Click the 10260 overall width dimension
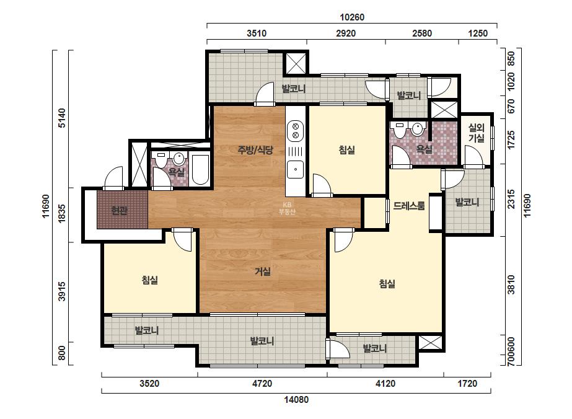pyautogui.click(x=352, y=17)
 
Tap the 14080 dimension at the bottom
pyautogui.click(x=296, y=400)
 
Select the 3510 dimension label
pyautogui.click(x=257, y=33)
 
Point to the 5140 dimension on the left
pyautogui.click(x=63, y=118)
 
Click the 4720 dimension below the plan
pyautogui.click(x=262, y=384)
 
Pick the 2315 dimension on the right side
pyautogui.click(x=511, y=199)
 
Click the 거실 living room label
pyautogui.click(x=263, y=271)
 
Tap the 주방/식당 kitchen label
pyautogui.click(x=255, y=149)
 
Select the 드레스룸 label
pyautogui.click(x=409, y=206)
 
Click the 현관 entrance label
pyautogui.click(x=119, y=211)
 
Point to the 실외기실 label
pyautogui.click(x=477, y=133)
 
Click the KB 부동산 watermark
pyautogui.click(x=287, y=208)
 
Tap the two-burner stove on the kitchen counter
pyautogui.click(x=296, y=131)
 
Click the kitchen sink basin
pyautogui.click(x=296, y=169)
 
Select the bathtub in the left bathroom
pyautogui.click(x=200, y=170)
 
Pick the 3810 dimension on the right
pyautogui.click(x=511, y=284)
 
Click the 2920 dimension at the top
pyautogui.click(x=345, y=33)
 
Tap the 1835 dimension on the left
pyautogui.click(x=63, y=213)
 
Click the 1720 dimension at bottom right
pyautogui.click(x=467, y=384)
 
